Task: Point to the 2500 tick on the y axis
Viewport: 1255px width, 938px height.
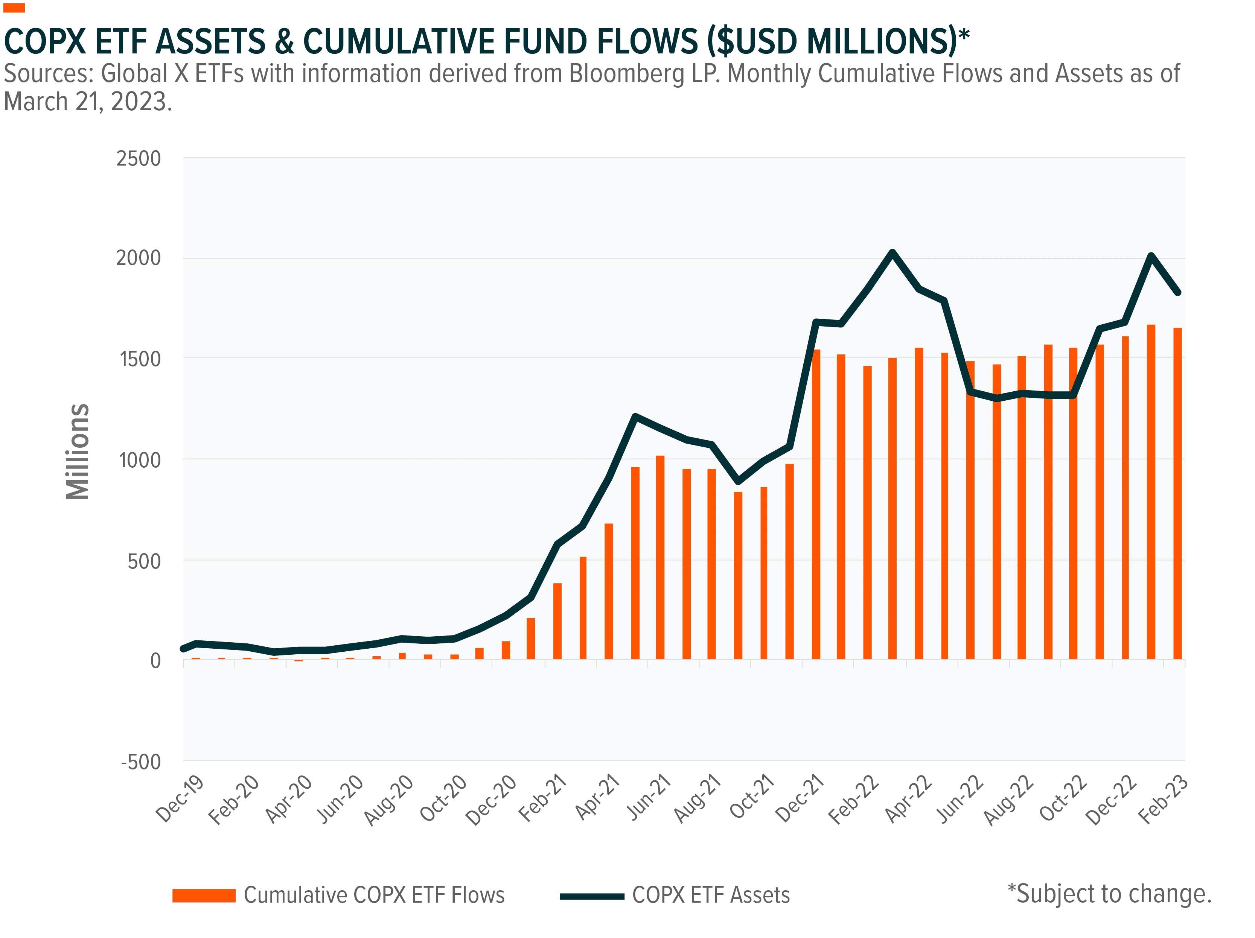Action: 139,159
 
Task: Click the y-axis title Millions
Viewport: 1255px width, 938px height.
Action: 78,452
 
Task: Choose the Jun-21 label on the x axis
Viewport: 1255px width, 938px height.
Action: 649,798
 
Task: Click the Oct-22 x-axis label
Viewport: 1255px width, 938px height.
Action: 1063,798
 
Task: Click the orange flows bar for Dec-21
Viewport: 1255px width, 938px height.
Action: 816,505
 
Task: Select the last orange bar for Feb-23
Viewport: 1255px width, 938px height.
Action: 1177,494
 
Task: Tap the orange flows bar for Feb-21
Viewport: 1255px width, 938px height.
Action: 557,622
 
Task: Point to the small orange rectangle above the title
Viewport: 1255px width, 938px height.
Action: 14,8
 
